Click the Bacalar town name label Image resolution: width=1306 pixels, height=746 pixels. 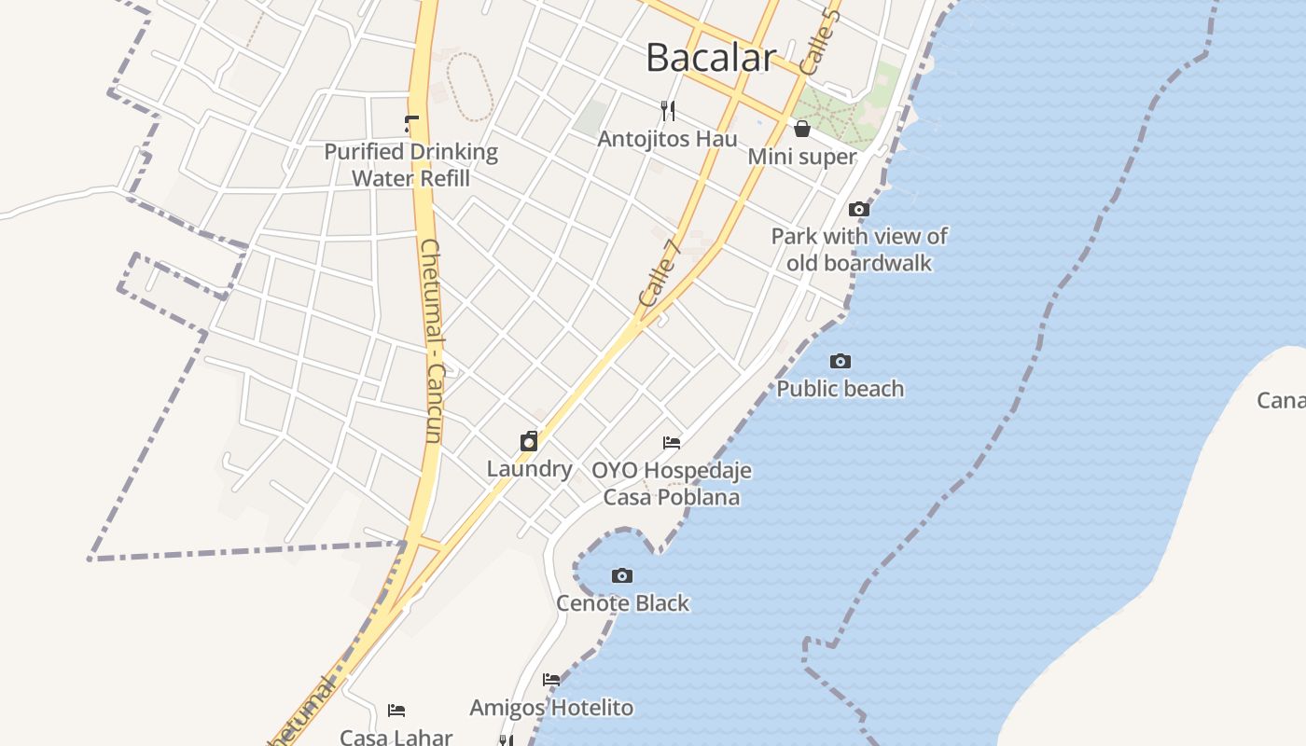(710, 58)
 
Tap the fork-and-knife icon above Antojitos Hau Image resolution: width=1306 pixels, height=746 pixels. (668, 111)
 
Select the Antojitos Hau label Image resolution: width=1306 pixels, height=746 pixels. (667, 139)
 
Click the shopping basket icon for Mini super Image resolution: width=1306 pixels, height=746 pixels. (802, 129)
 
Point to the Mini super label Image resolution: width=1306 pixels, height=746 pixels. (801, 157)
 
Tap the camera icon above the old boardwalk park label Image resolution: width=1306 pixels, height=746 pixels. (859, 209)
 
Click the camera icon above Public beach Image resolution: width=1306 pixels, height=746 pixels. (841, 361)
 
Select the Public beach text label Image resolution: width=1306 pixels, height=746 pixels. (841, 388)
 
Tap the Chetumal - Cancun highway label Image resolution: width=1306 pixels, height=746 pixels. (431, 340)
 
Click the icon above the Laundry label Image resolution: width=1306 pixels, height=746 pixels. (529, 441)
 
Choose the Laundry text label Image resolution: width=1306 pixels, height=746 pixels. (529, 468)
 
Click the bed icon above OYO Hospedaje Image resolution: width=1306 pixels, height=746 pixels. (672, 442)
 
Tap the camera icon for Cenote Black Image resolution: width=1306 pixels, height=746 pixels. (622, 575)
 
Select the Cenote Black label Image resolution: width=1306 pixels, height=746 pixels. (622, 603)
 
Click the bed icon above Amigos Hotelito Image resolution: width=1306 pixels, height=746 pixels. (551, 680)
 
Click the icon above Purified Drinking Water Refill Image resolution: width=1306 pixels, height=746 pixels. (411, 123)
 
